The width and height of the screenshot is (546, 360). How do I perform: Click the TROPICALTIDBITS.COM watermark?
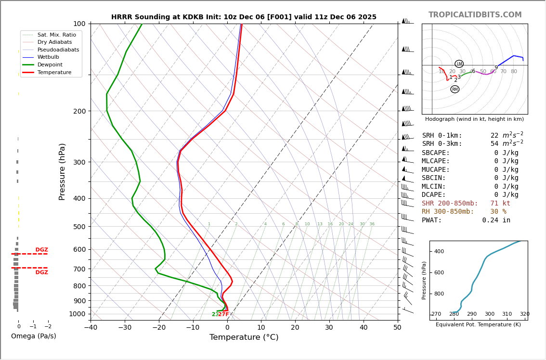tap(475, 15)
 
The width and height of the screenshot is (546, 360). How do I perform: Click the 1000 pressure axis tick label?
tap(77, 314)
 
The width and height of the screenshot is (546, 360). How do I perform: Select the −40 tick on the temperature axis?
tap(91, 328)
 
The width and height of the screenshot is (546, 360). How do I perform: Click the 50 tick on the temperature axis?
tap(397, 328)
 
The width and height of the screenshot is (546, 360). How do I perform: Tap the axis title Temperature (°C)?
tap(244, 337)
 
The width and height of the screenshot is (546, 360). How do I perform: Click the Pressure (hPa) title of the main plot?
tap(63, 171)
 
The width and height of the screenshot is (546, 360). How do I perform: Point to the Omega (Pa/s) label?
tap(33, 336)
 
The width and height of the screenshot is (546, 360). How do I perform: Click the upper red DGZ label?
tap(41, 250)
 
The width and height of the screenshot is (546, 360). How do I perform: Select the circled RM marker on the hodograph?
tap(455, 89)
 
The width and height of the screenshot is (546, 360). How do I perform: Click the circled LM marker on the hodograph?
tap(459, 64)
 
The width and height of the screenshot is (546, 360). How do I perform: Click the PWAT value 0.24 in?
tap(496, 220)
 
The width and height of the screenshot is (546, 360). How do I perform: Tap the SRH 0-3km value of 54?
tap(495, 144)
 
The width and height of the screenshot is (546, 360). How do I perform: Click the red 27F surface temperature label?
tap(224, 315)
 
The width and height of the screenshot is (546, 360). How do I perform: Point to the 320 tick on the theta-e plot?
tap(524, 314)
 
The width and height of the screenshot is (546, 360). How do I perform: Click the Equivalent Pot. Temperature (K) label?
tap(478, 325)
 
